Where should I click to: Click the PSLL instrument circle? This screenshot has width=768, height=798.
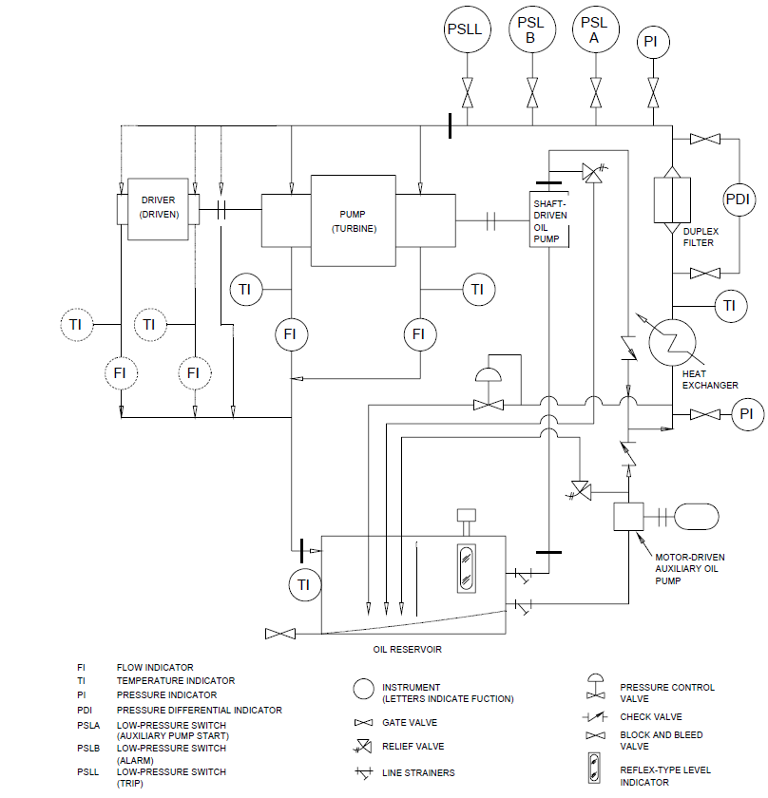pyautogui.click(x=467, y=29)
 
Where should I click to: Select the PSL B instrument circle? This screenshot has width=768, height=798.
pyautogui.click(x=532, y=29)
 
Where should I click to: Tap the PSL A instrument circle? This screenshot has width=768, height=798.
pyautogui.click(x=596, y=29)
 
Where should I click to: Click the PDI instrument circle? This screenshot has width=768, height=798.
pyautogui.click(x=739, y=199)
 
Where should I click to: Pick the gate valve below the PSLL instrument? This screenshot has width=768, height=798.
pyautogui.click(x=467, y=93)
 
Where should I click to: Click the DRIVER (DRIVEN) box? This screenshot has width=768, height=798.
pyautogui.click(x=159, y=209)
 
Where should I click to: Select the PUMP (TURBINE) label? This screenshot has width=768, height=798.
pyautogui.click(x=354, y=221)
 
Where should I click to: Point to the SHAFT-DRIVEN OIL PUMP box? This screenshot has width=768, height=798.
pyautogui.click(x=549, y=219)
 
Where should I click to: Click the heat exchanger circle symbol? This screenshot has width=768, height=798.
pyautogui.click(x=672, y=343)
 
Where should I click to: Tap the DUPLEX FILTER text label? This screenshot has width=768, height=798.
pyautogui.click(x=701, y=237)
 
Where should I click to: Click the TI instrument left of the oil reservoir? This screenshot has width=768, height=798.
pyautogui.click(x=305, y=585)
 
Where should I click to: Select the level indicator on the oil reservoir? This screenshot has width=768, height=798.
pyautogui.click(x=466, y=568)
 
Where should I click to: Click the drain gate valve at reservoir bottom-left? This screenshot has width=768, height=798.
pyautogui.click(x=280, y=634)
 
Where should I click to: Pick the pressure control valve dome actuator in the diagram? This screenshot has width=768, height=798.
pyautogui.click(x=488, y=375)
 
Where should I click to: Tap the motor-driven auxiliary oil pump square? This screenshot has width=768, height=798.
pyautogui.click(x=628, y=517)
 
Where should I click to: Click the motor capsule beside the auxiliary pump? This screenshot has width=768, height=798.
pyautogui.click(x=696, y=517)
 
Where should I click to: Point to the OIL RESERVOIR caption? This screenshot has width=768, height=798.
pyautogui.click(x=408, y=650)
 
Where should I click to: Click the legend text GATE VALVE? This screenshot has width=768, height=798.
pyautogui.click(x=410, y=723)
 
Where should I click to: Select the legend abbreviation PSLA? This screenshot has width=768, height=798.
pyautogui.click(x=88, y=725)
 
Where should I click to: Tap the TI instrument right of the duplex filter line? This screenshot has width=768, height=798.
pyautogui.click(x=731, y=306)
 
